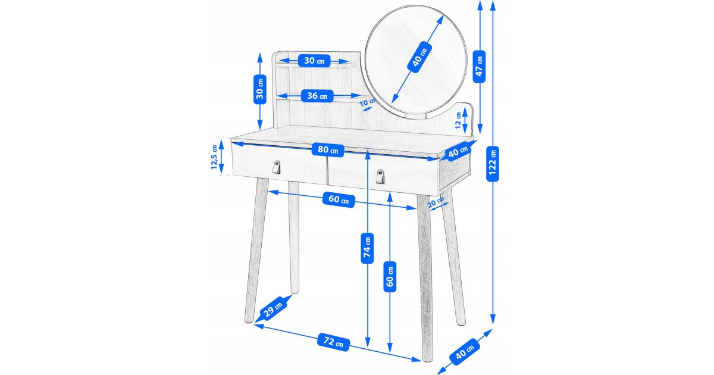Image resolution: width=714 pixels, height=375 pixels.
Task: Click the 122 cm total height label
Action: pos(493,164)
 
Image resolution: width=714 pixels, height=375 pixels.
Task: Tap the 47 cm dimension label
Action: pos(479,66)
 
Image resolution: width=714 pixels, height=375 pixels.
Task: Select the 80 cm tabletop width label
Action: pos(328,149)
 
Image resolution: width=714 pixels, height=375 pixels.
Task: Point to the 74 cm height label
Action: pos(367,248)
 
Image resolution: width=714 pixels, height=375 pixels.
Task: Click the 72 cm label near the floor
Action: pos(333,342)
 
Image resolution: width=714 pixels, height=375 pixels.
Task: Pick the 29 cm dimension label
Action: pos(273,308)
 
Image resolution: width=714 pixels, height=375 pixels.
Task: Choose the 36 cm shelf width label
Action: pos(317,96)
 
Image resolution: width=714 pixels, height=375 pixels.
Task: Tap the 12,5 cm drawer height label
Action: pos(214,157)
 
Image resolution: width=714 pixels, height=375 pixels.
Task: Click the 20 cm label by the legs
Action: pos(436,203)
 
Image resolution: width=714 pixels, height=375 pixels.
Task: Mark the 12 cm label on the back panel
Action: pos(458,120)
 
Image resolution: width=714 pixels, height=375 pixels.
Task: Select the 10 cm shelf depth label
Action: pos(368,102)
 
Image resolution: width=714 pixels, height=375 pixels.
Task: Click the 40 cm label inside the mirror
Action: pos(419,57)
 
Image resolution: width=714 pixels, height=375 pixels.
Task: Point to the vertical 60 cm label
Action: pos(390,276)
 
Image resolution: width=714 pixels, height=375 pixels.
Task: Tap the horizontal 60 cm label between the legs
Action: pos(339,199)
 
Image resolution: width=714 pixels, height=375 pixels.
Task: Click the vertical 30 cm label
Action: pos(260,89)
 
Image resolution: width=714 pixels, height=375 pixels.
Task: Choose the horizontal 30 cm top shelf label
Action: pos(314,61)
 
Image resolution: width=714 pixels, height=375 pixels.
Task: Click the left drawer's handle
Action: pos(277,167)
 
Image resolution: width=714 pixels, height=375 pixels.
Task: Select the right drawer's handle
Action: pos(381,177)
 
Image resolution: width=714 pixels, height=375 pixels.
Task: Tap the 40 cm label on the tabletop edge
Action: pos(458,151)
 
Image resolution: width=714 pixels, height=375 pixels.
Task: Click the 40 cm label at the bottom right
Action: pos(465,351)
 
